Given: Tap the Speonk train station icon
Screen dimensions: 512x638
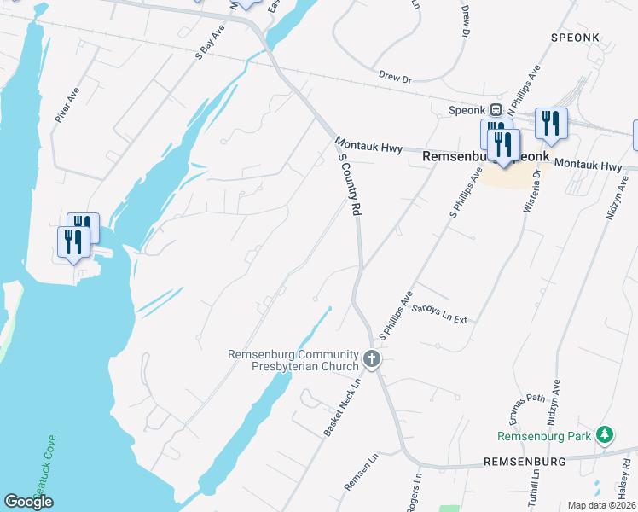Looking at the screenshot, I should coord(495,109).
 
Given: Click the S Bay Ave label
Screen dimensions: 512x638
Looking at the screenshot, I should coord(210,40).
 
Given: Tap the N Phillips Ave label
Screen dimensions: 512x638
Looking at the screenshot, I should coord(524,88).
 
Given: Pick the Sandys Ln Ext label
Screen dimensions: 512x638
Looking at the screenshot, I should coord(440,315).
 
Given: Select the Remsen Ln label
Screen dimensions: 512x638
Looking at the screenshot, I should coord(361,472).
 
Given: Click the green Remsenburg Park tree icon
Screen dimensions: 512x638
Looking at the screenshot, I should coord(605,435).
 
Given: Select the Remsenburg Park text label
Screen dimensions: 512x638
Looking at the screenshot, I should coord(544,436).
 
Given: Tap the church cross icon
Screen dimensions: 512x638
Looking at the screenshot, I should coord(372,360).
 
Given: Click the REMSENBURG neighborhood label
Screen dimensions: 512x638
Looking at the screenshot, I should coord(525,462).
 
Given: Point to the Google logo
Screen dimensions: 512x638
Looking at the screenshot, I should coord(28,502).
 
